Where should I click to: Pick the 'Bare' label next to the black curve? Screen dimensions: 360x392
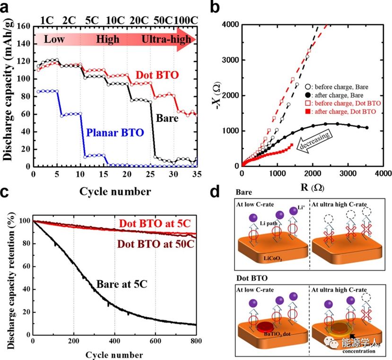click(167, 118)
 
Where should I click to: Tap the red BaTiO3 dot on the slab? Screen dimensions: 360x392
click(265, 325)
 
